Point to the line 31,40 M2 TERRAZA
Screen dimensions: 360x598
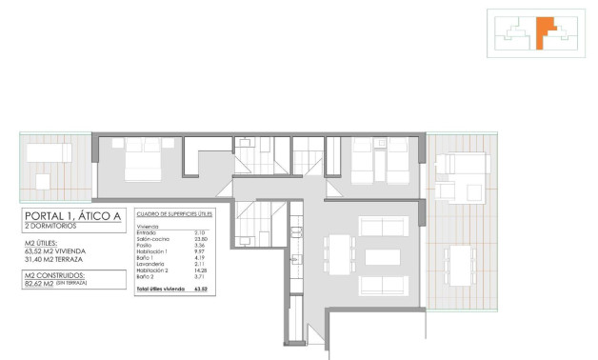(x=63, y=259)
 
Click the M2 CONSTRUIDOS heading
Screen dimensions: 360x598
(x=62, y=274)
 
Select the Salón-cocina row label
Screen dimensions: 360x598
(x=153, y=238)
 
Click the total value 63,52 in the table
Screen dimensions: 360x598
(x=200, y=287)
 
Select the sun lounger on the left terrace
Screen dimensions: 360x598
(x=43, y=152)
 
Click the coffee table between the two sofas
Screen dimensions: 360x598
(x=383, y=257)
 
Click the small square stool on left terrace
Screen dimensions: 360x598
(x=43, y=180)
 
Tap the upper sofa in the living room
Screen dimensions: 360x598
(x=383, y=226)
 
